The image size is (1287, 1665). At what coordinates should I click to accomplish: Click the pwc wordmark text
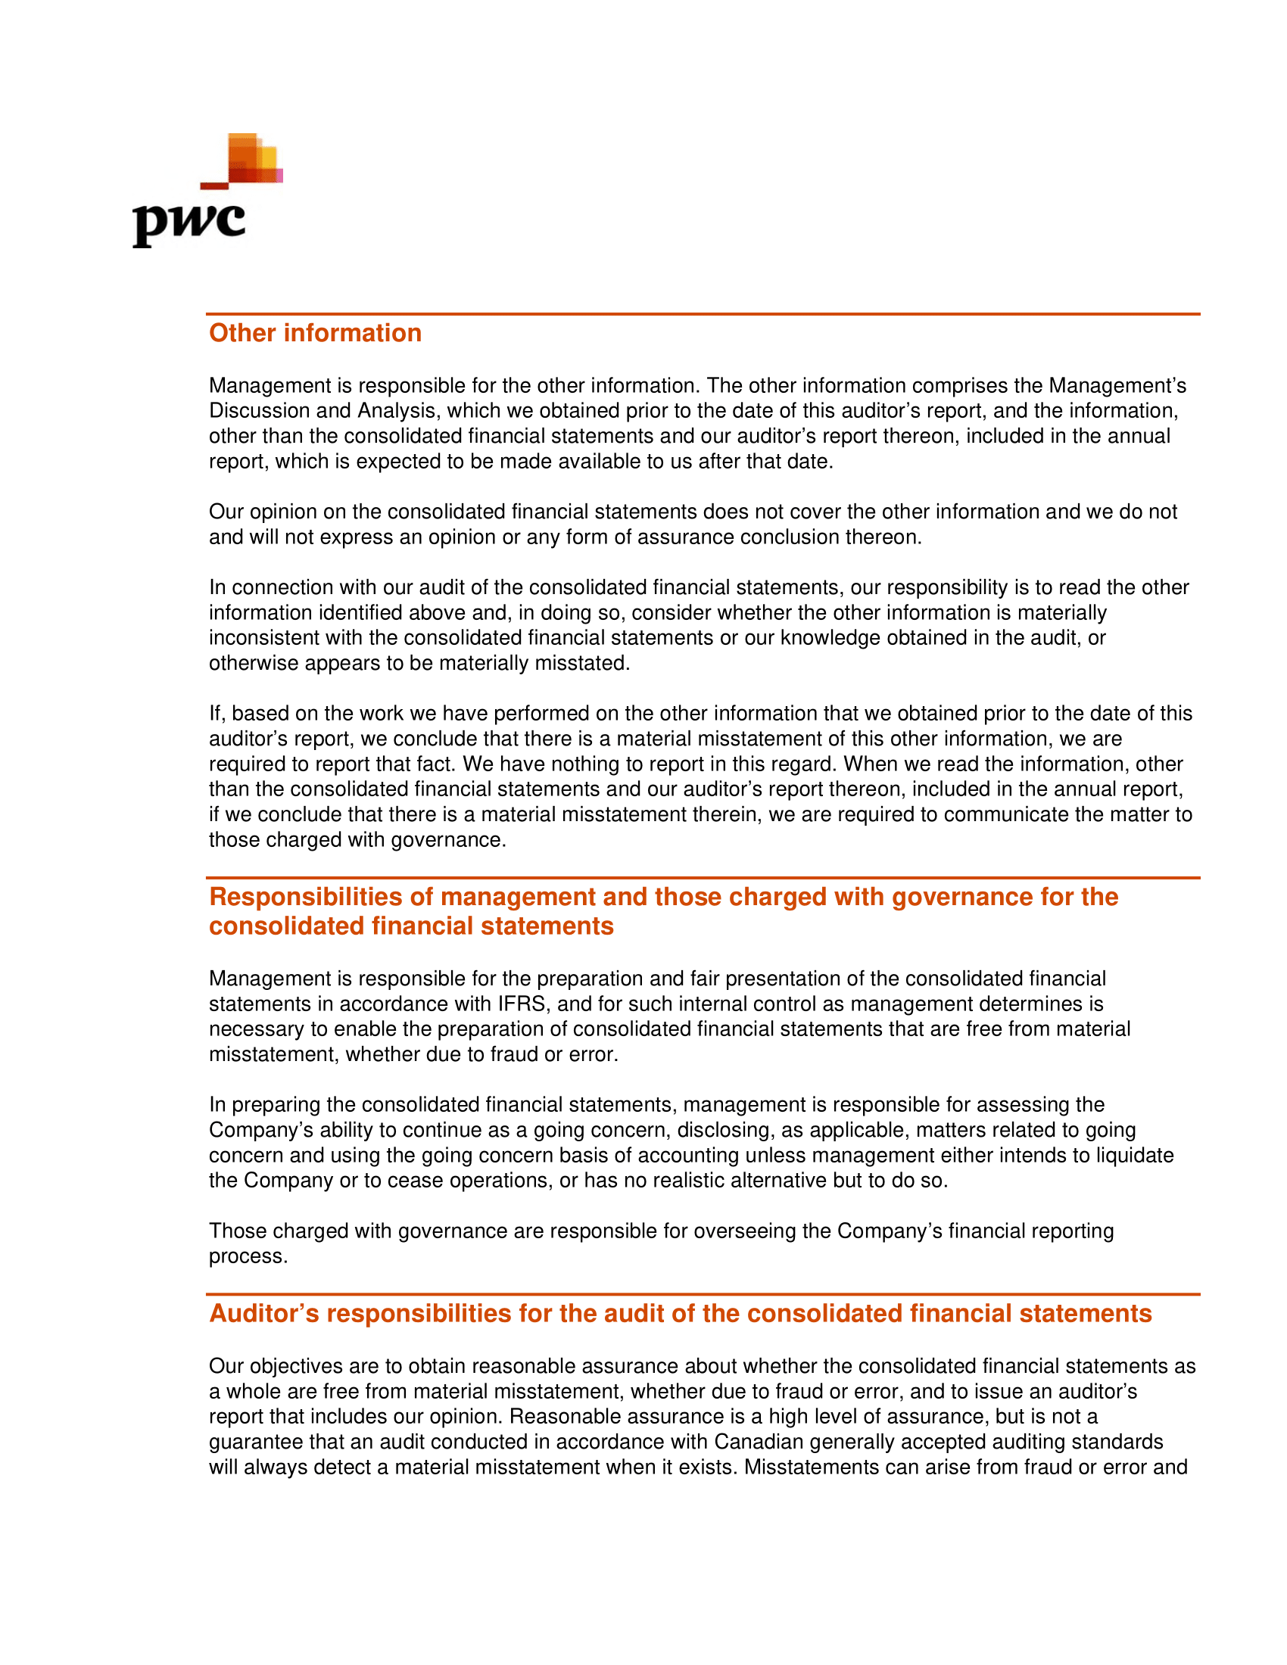click(x=189, y=223)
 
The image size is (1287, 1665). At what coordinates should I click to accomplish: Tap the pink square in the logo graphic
click(x=279, y=176)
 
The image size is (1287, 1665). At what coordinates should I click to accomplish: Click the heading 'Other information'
click(x=315, y=333)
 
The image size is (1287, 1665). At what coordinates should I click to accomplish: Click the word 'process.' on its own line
click(x=248, y=1256)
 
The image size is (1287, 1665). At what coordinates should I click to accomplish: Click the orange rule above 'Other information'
click(x=703, y=313)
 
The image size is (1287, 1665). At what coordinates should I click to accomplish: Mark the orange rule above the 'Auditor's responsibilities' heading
click(x=703, y=1293)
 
